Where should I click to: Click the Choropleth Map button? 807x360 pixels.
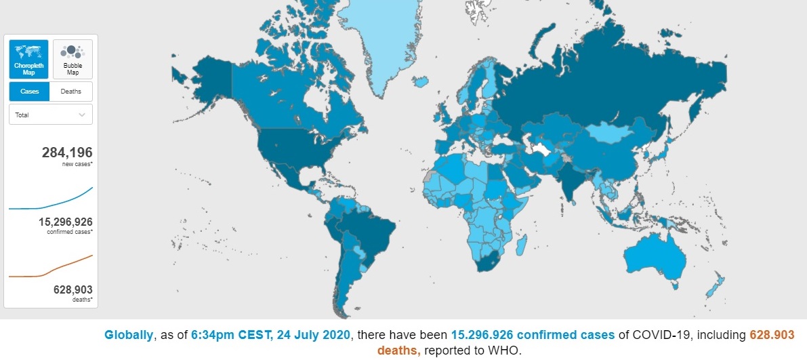[28, 59]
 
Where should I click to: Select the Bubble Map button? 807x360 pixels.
[73, 59]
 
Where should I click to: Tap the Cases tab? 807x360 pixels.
[29, 92]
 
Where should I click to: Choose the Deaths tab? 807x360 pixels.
[71, 92]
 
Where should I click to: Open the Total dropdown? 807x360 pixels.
[51, 115]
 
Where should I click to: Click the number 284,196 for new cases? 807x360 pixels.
[66, 153]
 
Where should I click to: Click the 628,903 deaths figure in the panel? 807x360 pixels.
[73, 289]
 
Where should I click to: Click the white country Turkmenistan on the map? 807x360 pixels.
[540, 148]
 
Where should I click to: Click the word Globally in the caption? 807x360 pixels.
[128, 335]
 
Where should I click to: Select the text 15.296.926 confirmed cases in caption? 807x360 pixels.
[533, 335]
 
